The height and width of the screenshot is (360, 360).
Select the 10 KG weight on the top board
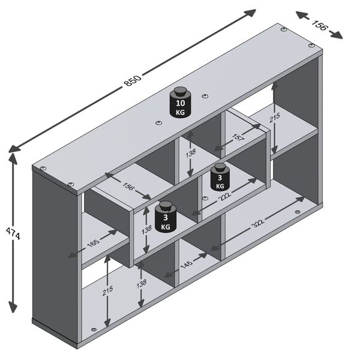(180, 103)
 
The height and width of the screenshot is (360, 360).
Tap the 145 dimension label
(187, 264)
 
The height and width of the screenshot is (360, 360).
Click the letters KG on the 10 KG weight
(180, 112)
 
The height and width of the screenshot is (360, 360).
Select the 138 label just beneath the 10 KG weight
(190, 154)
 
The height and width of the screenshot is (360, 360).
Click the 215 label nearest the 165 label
(107, 291)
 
